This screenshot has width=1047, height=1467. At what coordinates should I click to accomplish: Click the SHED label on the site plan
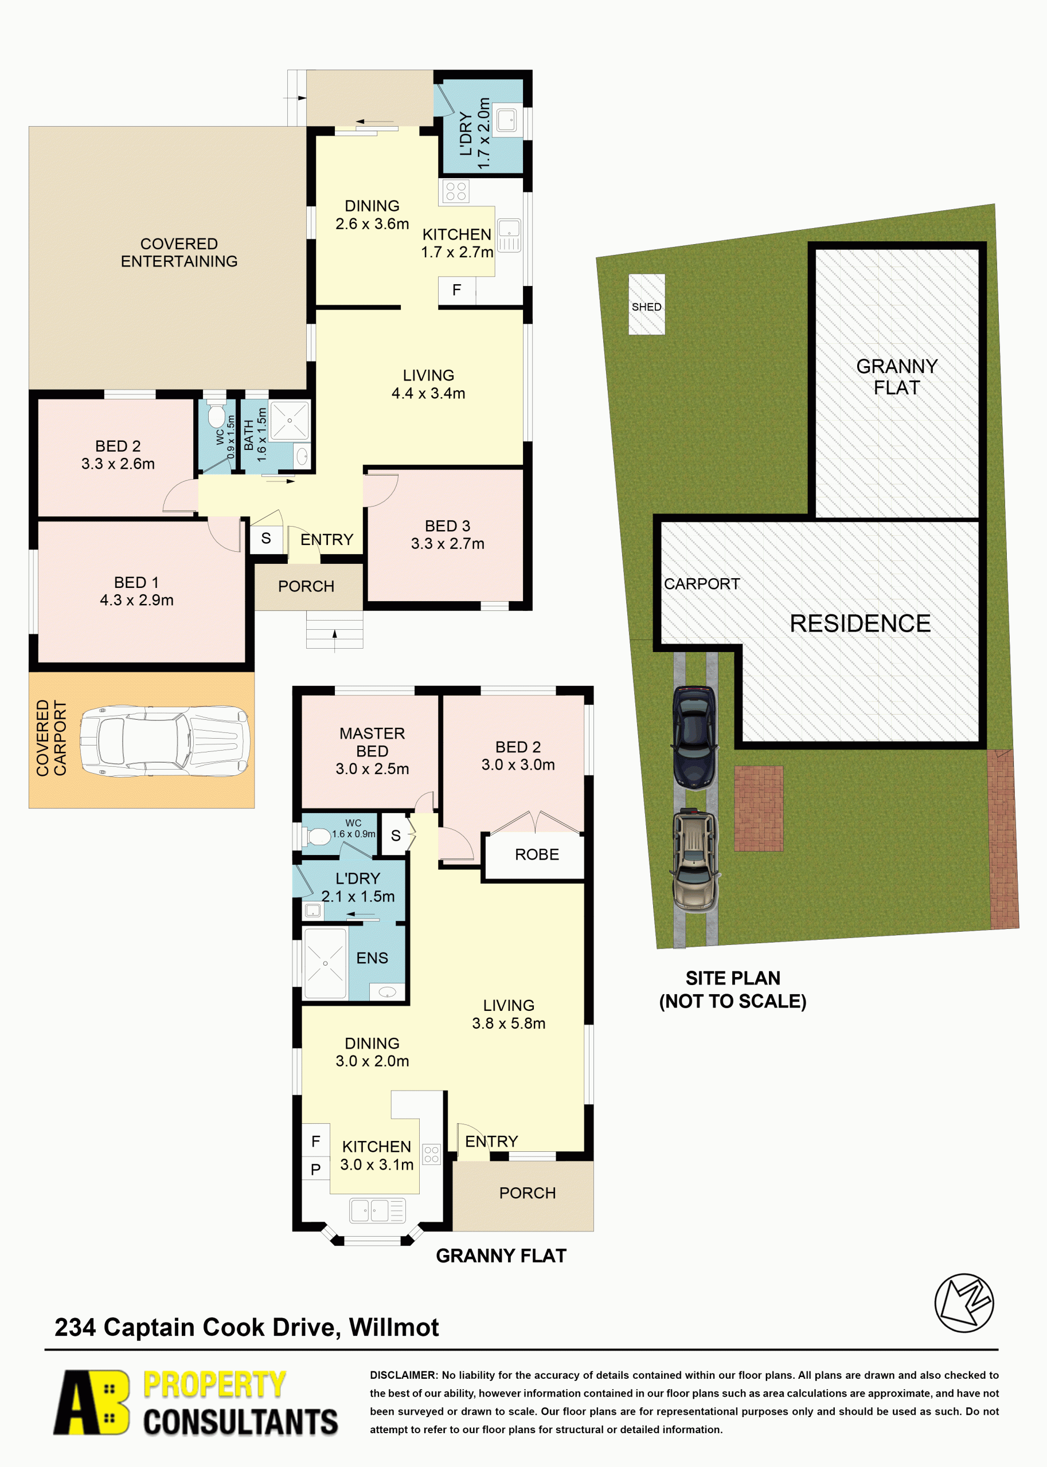click(x=646, y=307)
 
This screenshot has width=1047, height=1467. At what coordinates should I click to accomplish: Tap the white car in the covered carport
click(x=165, y=741)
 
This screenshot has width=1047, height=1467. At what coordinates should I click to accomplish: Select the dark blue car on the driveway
click(x=694, y=737)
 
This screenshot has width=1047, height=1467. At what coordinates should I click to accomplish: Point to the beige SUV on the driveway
click(x=694, y=860)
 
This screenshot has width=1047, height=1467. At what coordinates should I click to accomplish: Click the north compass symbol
click(x=964, y=1302)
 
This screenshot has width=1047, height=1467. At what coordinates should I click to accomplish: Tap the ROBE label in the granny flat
click(x=536, y=854)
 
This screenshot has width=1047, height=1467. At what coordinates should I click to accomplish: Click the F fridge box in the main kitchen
click(x=456, y=291)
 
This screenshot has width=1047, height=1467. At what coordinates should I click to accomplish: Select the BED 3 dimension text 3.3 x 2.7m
click(x=447, y=544)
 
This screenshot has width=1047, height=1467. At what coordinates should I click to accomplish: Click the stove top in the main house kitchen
click(x=456, y=191)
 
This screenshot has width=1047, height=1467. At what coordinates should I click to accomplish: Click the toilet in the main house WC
click(x=216, y=415)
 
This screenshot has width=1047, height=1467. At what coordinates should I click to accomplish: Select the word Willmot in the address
click(x=394, y=1328)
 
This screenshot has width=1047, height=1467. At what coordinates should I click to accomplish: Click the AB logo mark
click(x=92, y=1402)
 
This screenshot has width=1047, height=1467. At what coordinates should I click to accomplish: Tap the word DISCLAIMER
click(x=404, y=1375)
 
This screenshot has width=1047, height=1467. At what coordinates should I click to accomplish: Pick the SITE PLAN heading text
click(x=732, y=978)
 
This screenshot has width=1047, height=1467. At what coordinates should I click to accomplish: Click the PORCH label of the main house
click(x=306, y=586)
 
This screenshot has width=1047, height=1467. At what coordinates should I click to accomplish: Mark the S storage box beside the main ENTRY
click(x=265, y=539)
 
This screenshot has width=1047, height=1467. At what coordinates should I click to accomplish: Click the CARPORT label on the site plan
click(x=701, y=584)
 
